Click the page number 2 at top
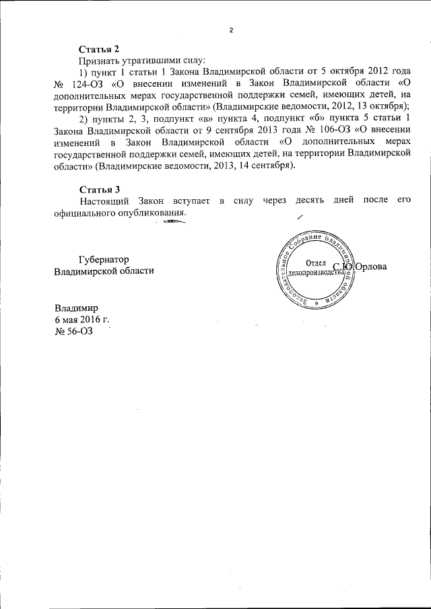pyautogui.click(x=230, y=31)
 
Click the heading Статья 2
pyautogui.click(x=99, y=49)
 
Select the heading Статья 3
pyautogui.click(x=99, y=190)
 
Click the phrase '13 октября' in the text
pyautogui.click(x=384, y=107)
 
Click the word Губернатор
pyautogui.click(x=103, y=259)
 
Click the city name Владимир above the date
pyautogui.click(x=76, y=307)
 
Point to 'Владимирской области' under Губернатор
pyautogui.click(x=103, y=271)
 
